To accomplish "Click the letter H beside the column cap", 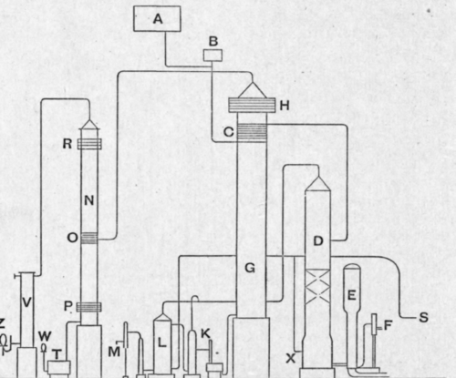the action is tap(285, 106).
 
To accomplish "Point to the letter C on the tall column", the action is tap(230, 133).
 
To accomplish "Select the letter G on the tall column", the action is tap(249, 270).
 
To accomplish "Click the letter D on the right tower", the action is tap(317, 241).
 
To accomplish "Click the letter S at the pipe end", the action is tap(423, 317).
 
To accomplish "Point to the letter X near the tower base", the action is tap(291, 358).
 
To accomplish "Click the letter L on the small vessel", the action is tap(161, 342).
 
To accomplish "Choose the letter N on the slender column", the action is tap(89, 199).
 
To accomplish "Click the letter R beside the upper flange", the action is tap(67, 143).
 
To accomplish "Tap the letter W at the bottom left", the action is tap(43, 337).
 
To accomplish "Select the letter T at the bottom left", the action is tap(57, 354).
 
